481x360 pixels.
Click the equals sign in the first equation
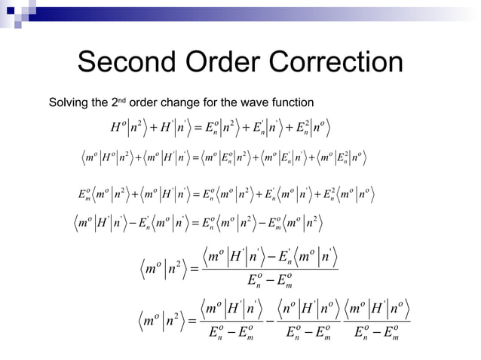(209, 125)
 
